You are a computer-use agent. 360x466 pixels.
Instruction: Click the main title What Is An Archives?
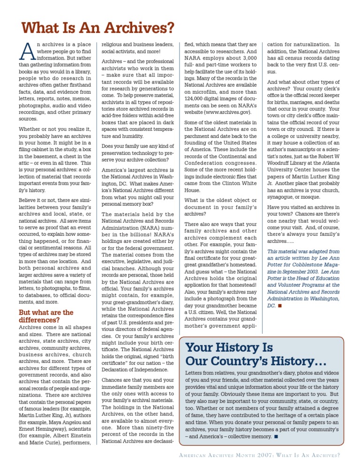(x=98, y=29)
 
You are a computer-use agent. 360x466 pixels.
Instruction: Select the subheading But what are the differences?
(x=46, y=316)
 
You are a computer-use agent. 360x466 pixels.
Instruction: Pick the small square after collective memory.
(x=277, y=437)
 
